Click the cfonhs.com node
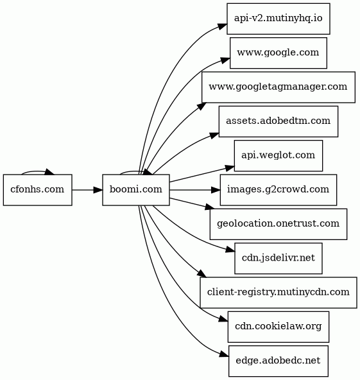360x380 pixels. click(x=38, y=190)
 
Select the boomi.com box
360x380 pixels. click(x=136, y=190)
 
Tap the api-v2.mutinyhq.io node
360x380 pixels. click(x=279, y=19)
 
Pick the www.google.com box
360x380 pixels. click(x=279, y=53)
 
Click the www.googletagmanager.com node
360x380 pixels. click(x=279, y=87)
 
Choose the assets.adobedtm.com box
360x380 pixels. click(x=279, y=121)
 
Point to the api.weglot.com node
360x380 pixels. click(x=279, y=155)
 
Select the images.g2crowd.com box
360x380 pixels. click(x=279, y=190)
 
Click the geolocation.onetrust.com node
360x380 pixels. click(x=279, y=224)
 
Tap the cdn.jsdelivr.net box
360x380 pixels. click(x=279, y=258)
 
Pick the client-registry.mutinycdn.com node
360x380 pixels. click(x=279, y=293)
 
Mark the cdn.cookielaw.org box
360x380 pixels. click(x=279, y=327)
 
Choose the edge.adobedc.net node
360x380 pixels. click(x=279, y=361)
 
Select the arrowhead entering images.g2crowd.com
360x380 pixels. click(x=216, y=190)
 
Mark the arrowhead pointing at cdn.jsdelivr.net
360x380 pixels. click(x=230, y=250)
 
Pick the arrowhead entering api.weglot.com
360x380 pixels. click(x=230, y=168)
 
